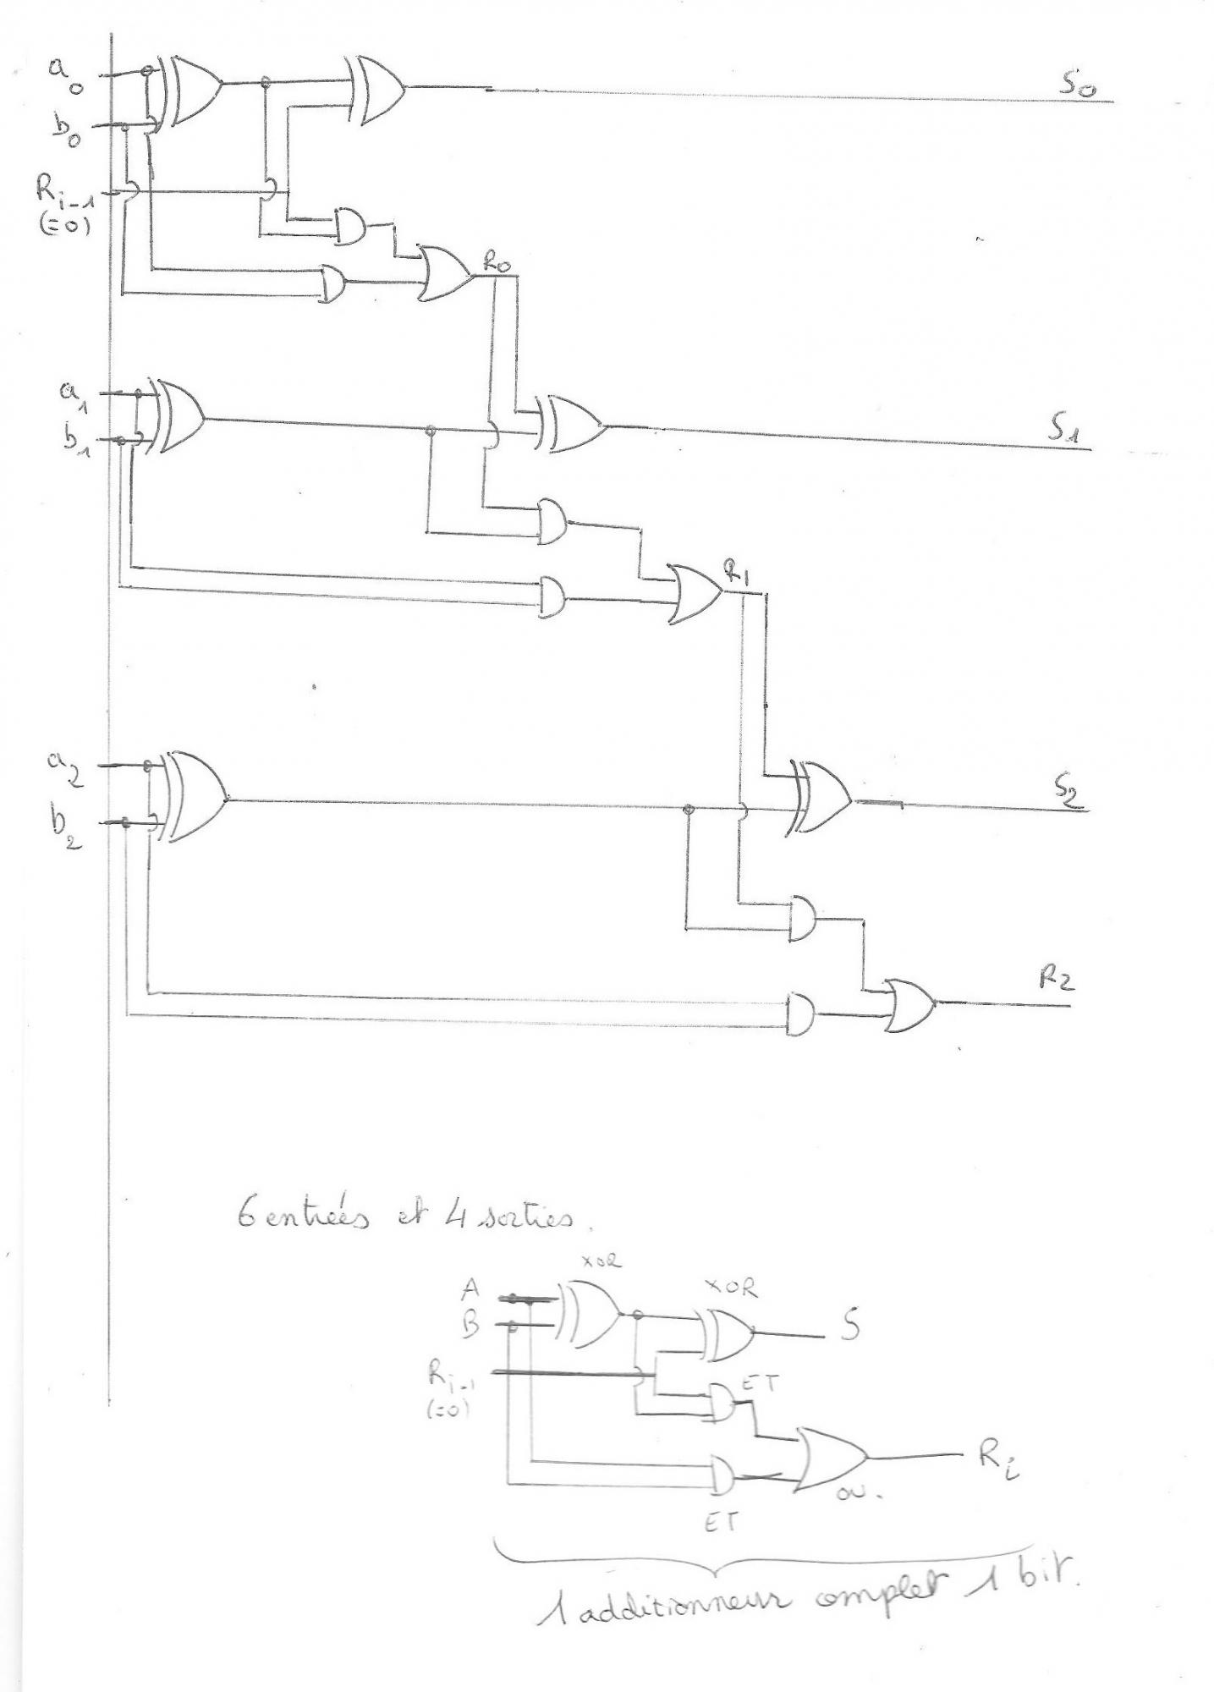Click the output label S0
coord(1075,85)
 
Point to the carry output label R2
coord(1057,980)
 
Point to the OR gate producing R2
coord(910,1003)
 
